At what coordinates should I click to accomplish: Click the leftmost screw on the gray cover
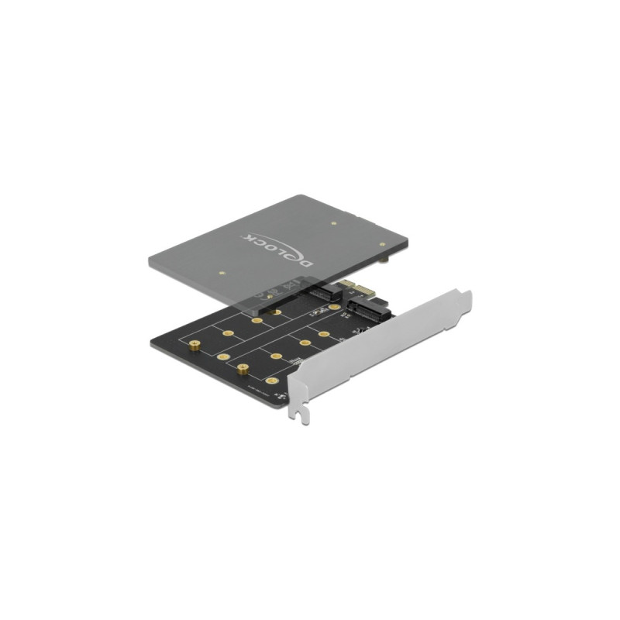click(221, 273)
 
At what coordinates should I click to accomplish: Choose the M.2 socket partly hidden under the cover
click(332, 295)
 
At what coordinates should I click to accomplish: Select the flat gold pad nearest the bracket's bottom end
click(270, 381)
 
